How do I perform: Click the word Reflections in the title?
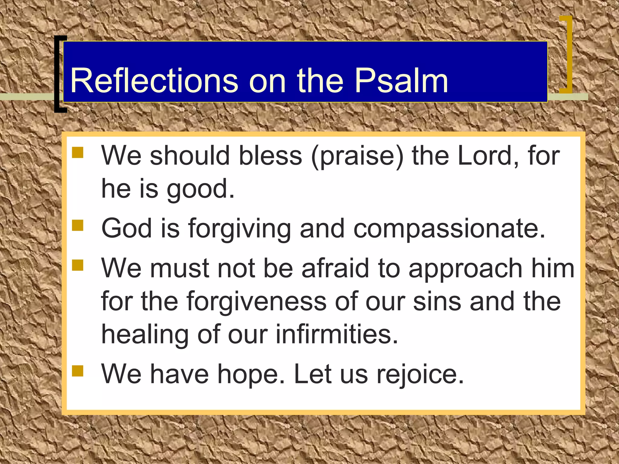154,81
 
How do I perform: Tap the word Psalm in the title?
401,81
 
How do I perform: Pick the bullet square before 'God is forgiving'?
78,225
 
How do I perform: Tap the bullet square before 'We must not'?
78,265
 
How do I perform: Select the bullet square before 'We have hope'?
78,371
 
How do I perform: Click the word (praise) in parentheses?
358,156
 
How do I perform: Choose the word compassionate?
449,229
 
